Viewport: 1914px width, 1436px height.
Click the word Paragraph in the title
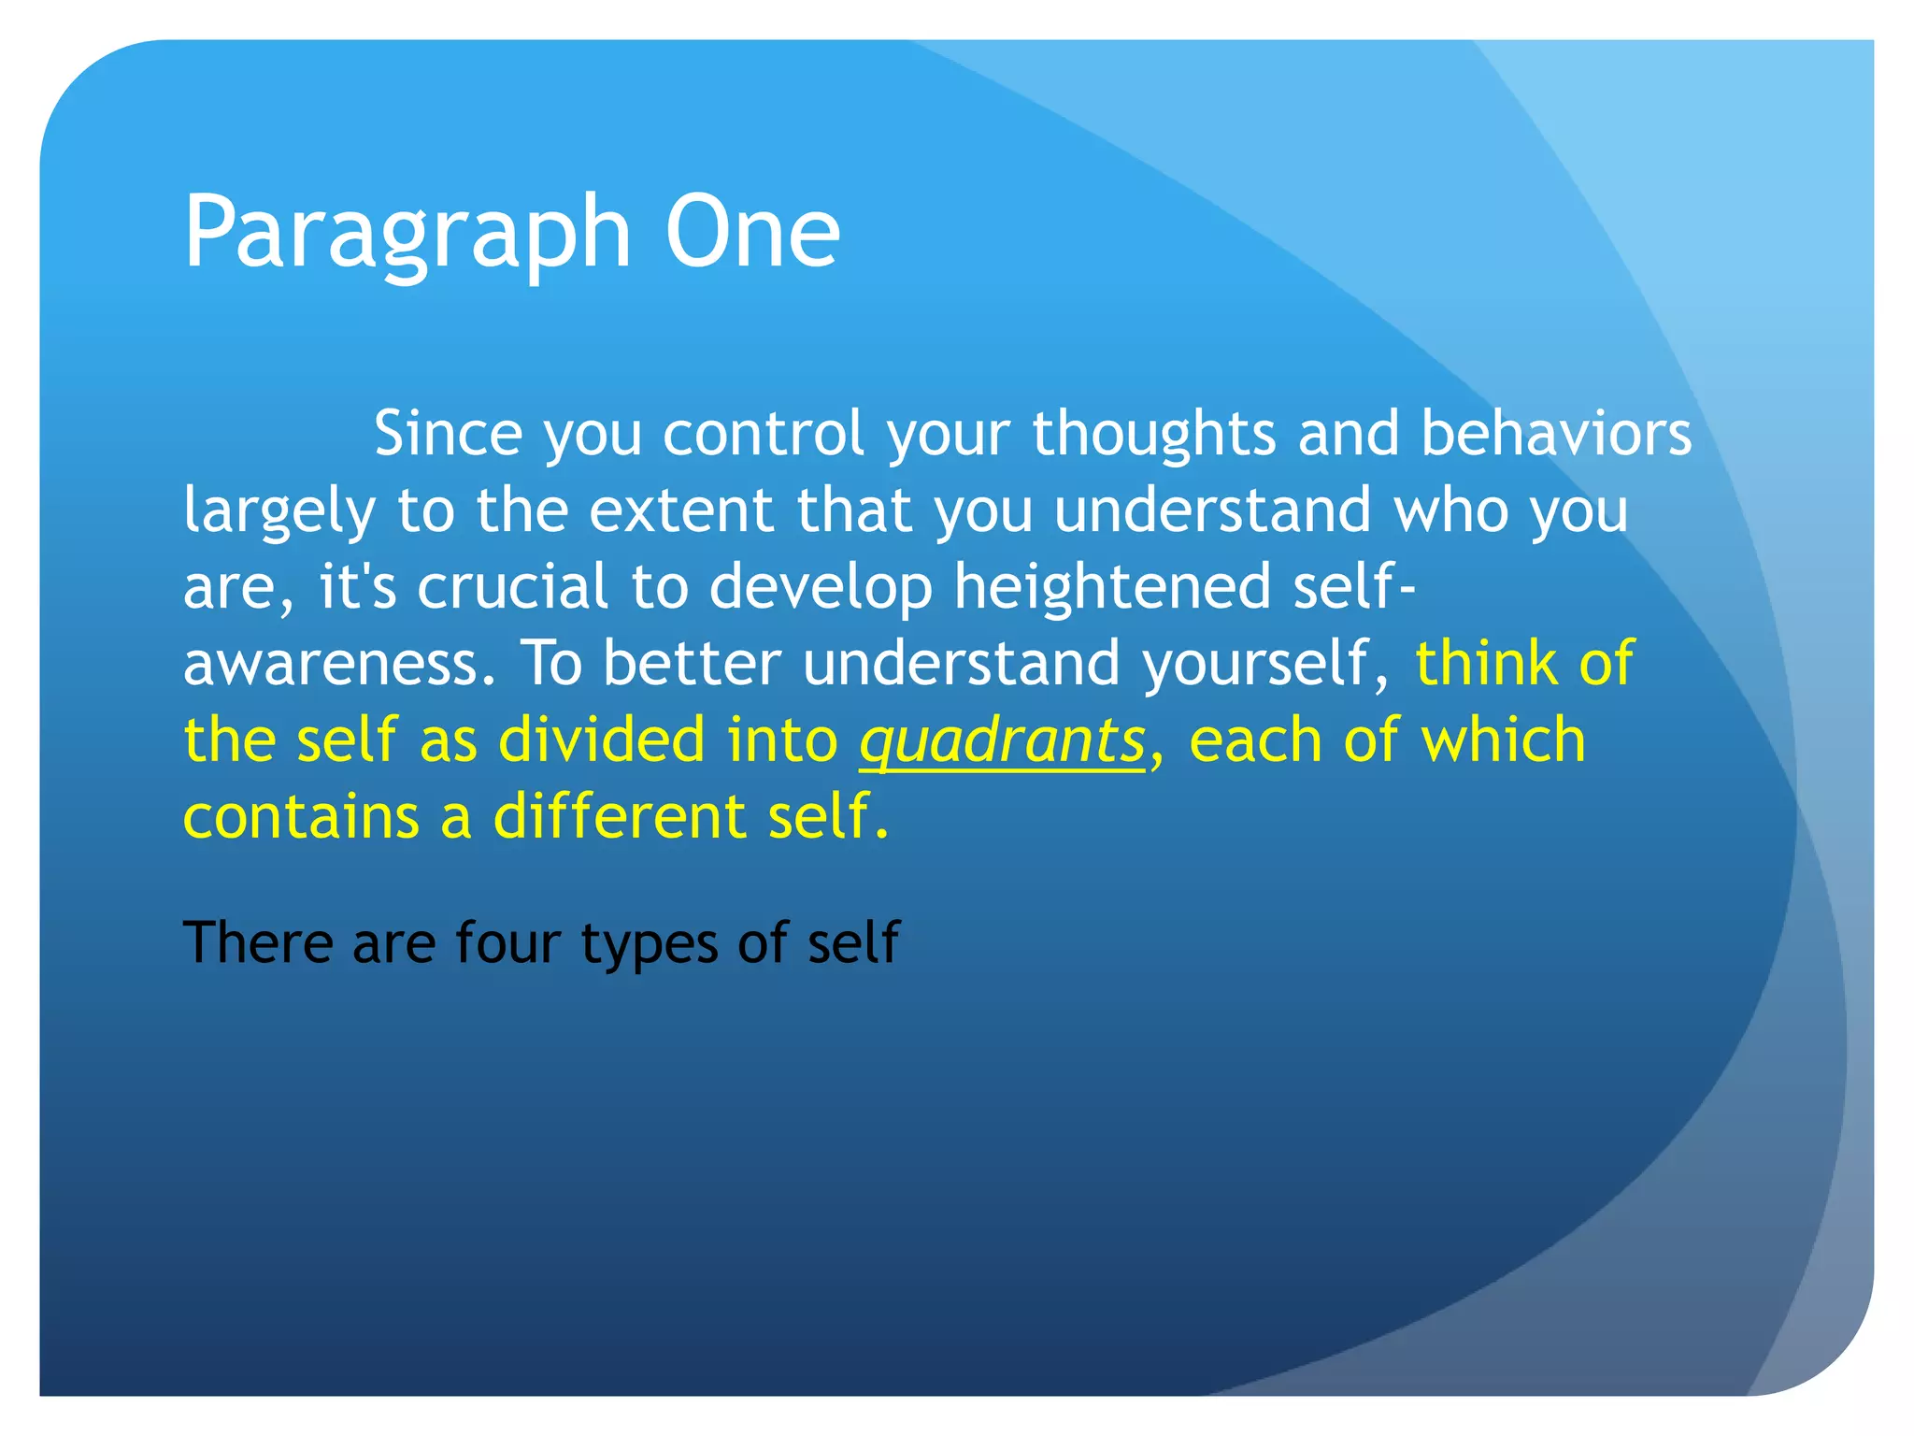[407, 234]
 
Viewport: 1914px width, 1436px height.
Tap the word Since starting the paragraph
[448, 434]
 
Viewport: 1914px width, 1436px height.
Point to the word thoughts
[1153, 434]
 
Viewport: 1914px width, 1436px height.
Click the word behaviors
[1555, 434]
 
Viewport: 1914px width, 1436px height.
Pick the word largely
[279, 512]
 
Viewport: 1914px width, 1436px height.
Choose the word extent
[681, 510]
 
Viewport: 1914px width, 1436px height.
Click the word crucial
[512, 587]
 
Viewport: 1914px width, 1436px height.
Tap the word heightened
[1112, 587]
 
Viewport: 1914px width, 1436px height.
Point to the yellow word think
[1485, 664]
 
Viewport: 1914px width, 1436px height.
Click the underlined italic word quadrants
[1002, 740]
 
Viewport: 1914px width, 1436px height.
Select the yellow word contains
[300, 817]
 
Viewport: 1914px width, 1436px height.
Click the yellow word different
[619, 817]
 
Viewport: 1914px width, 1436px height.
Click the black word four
[508, 942]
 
